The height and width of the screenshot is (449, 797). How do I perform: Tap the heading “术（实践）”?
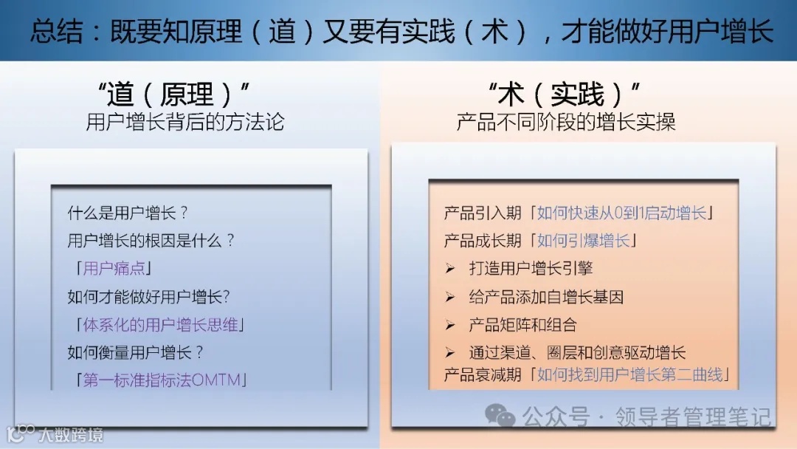pyautogui.click(x=565, y=94)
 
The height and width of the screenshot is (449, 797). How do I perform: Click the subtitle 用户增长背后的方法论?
pyautogui.click(x=185, y=122)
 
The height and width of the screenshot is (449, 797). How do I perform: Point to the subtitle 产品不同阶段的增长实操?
pyautogui.click(x=566, y=122)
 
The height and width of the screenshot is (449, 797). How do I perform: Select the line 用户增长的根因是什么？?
pyautogui.click(x=151, y=241)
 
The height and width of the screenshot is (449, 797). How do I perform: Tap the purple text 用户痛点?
pyautogui.click(x=114, y=269)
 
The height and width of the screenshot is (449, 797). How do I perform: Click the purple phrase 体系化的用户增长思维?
pyautogui.click(x=163, y=325)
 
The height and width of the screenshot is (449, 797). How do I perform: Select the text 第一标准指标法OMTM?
pyautogui.click(x=164, y=380)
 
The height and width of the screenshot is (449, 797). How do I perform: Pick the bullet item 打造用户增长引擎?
pyautogui.click(x=531, y=269)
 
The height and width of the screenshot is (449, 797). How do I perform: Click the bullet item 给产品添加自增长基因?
pyautogui.click(x=546, y=297)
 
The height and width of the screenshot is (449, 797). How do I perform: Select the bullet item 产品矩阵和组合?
pyautogui.click(x=522, y=325)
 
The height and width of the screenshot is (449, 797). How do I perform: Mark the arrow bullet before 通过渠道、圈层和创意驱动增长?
pyautogui.click(x=449, y=353)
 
